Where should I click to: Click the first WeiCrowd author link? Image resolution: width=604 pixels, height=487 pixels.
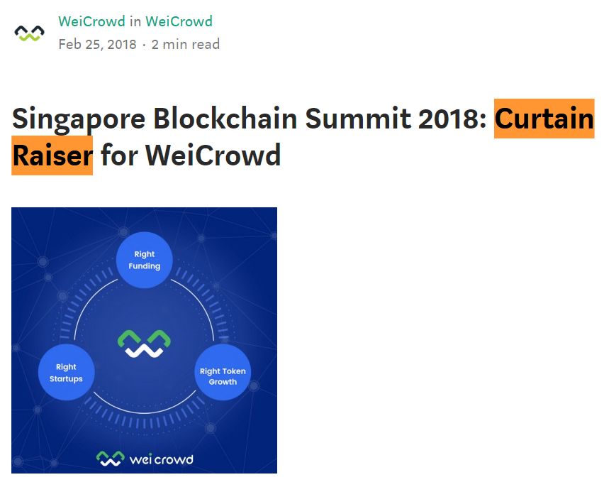91,21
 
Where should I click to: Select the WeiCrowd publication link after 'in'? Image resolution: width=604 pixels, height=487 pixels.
179,21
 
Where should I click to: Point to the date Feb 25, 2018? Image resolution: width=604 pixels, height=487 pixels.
97,44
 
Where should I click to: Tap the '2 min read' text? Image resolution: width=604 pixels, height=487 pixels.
186,44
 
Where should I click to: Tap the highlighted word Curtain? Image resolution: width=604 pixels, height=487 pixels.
544,119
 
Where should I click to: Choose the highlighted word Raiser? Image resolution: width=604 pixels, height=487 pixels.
52,155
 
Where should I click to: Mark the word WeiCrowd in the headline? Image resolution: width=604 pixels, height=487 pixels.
213,155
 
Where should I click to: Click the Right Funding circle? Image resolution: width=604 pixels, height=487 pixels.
144,260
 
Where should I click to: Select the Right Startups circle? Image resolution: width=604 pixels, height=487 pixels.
66,373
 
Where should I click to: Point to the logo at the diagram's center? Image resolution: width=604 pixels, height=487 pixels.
144,343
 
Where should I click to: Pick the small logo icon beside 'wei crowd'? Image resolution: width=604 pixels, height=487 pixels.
110,459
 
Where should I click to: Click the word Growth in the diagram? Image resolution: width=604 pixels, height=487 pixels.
223,382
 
